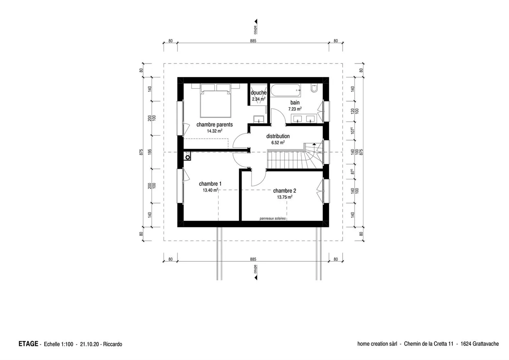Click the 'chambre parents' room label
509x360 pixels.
215,124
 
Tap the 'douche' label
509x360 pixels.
258,93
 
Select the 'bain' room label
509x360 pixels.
295,103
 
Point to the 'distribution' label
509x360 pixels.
278,136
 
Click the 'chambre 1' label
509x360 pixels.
210,184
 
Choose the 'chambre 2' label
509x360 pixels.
284,191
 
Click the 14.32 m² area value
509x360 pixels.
215,131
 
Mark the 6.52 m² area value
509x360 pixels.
278,143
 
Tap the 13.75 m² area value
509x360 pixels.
284,197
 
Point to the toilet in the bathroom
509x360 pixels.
315,88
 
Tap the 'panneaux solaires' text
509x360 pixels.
272,219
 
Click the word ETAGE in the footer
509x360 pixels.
28,344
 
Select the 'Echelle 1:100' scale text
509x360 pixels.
58,344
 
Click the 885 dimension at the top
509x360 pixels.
253,41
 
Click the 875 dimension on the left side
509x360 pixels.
141,152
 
